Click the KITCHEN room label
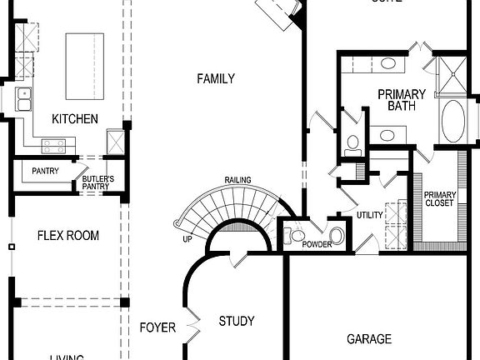point(75,119)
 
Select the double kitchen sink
point(22,99)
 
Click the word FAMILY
point(215,79)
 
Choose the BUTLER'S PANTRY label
point(97,183)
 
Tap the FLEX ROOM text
point(68,236)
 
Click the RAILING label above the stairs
point(238,181)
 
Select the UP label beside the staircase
point(188,240)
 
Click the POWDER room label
point(317,244)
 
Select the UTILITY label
point(369,216)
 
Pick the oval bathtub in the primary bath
point(454,122)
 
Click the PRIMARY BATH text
point(402,100)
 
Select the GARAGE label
point(369,339)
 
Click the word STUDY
point(237,321)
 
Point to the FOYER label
point(157,327)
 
